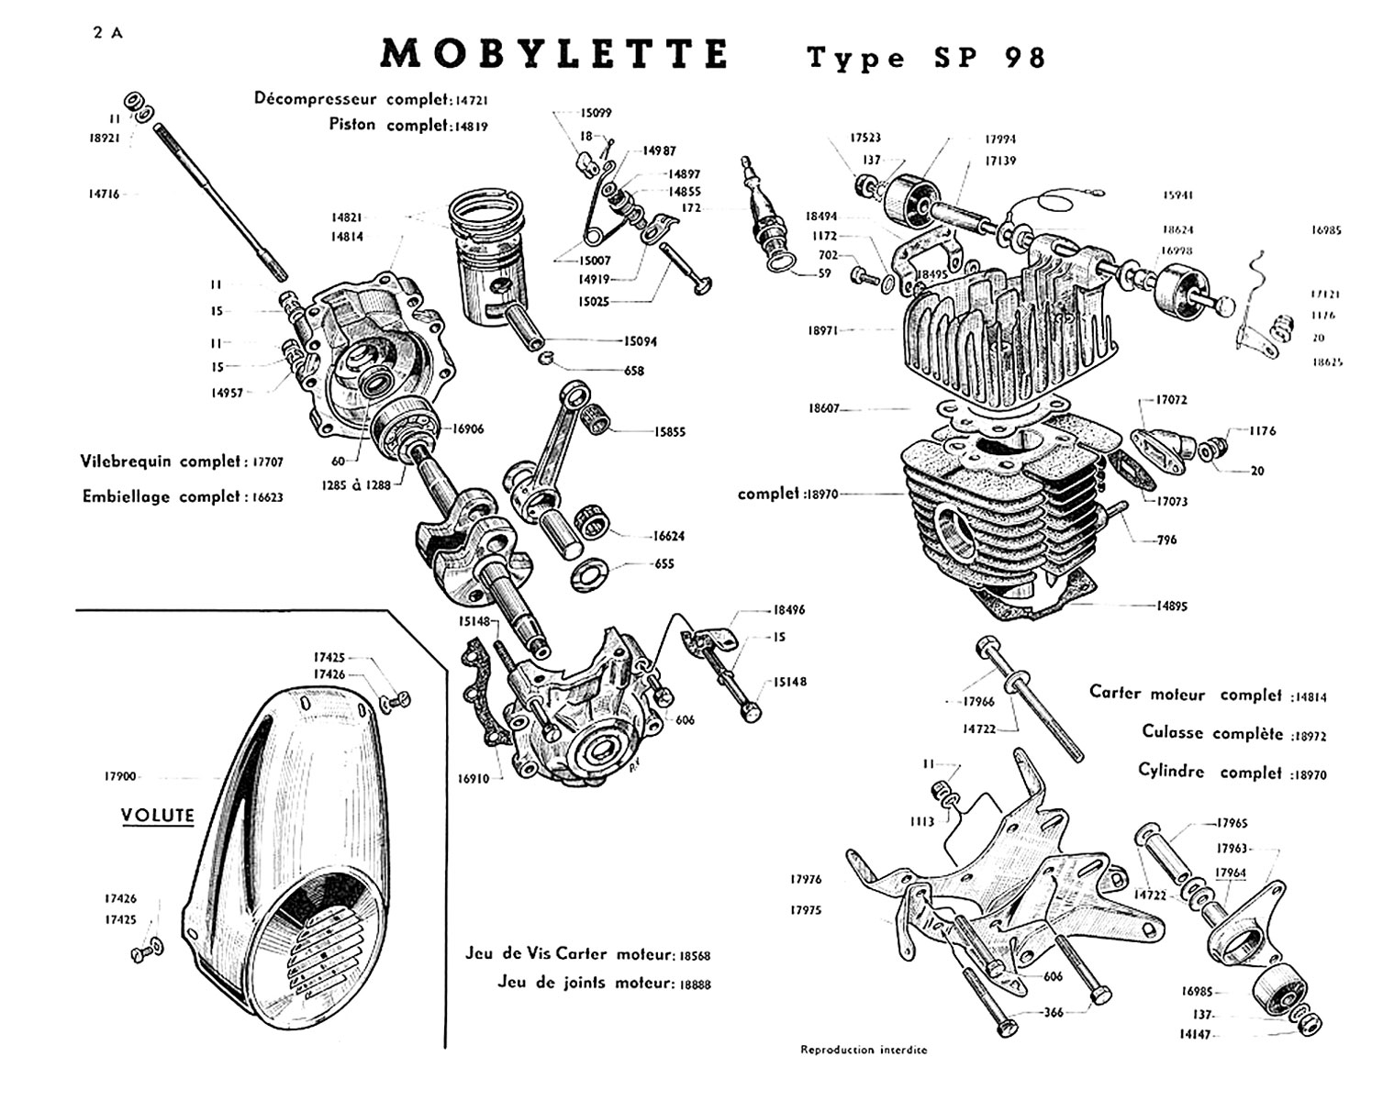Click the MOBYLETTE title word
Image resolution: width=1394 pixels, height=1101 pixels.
coord(554,55)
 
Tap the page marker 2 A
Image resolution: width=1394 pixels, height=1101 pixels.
coord(107,33)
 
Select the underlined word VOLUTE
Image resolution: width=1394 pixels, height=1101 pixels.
coord(158,815)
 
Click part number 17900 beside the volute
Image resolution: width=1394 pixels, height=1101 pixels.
coord(120,776)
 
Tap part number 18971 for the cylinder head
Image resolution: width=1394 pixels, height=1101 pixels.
coord(823,330)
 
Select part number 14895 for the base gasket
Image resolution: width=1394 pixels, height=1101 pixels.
coord(1172,606)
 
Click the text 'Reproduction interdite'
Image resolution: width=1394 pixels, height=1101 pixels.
coord(864,1050)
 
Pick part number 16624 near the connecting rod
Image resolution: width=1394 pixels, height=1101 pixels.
coord(669,536)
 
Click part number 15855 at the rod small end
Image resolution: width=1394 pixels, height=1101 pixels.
coord(670,432)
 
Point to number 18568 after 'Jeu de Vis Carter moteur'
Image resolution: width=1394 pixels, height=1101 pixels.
coord(695,956)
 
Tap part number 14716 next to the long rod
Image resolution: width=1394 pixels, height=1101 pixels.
coord(103,195)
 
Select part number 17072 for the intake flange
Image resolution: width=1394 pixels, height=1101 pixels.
coord(1172,400)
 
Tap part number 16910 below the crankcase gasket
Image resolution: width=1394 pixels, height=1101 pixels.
coord(473,779)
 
